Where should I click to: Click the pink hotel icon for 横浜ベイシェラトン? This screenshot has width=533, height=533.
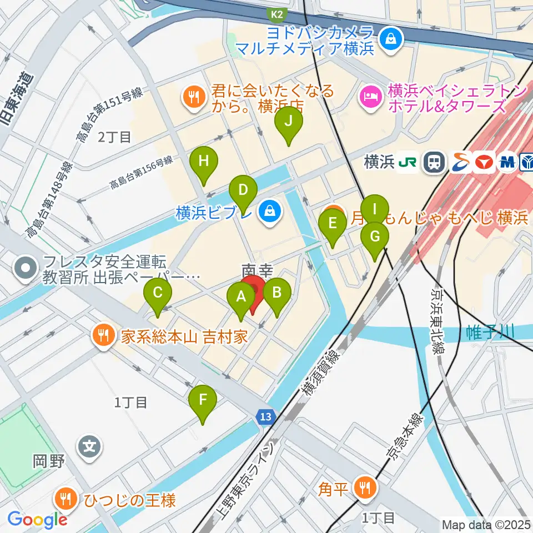coord(369,98)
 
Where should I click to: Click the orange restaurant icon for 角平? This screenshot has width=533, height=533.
coord(366,489)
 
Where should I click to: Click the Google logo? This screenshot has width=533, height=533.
coord(38,520)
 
